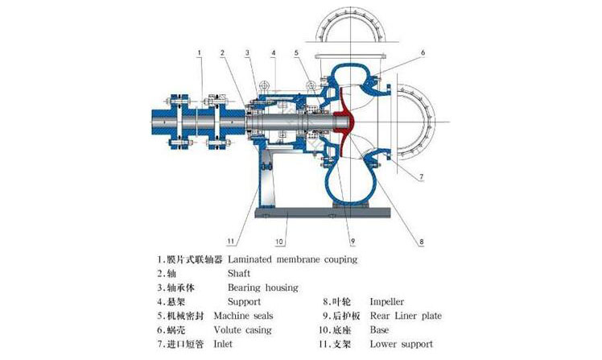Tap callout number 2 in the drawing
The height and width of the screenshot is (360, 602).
(221, 53)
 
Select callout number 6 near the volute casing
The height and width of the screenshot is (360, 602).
(422, 52)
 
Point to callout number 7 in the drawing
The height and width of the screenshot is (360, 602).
(422, 176)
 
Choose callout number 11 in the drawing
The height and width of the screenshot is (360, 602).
(230, 239)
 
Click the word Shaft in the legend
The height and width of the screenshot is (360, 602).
(239, 273)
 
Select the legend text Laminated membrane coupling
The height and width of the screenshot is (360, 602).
(292, 259)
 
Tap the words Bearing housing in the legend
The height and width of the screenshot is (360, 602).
(262, 288)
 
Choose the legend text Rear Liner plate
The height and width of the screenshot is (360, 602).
(405, 316)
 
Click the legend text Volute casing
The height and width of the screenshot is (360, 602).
(242, 329)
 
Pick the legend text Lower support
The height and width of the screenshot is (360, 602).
(400, 344)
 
